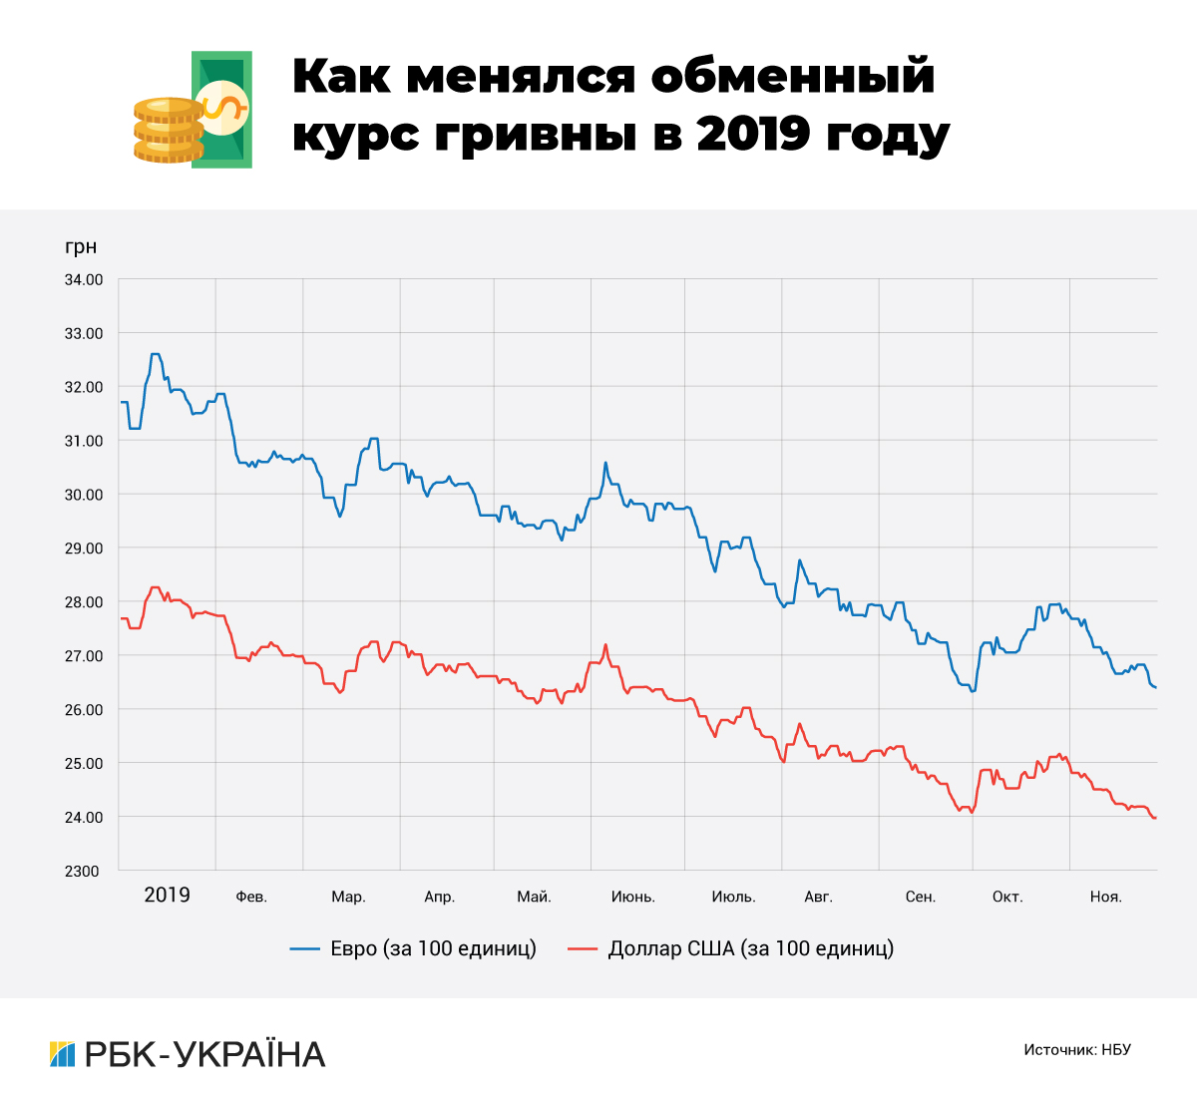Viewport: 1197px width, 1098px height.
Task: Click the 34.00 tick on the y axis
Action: (x=84, y=280)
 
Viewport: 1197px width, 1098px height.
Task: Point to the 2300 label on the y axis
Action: (x=84, y=872)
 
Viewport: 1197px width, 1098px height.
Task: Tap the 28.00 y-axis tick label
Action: (x=84, y=602)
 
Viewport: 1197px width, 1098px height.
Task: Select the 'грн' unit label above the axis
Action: (x=81, y=247)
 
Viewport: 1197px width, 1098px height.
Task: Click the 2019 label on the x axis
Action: (x=167, y=895)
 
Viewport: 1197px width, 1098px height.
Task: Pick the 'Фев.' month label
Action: (x=251, y=897)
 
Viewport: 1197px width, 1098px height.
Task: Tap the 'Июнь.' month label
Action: (x=633, y=897)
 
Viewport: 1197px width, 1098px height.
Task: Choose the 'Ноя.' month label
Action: (x=1105, y=897)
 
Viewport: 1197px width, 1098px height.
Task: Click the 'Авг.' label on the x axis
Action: (x=818, y=897)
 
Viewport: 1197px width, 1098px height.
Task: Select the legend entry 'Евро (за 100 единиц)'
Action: (x=414, y=948)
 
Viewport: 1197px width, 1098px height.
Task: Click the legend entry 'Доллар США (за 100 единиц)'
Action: (x=731, y=948)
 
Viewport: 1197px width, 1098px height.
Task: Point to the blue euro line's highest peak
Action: (x=155, y=354)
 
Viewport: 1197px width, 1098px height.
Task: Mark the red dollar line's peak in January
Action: (x=155, y=587)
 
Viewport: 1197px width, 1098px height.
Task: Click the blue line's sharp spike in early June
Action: (x=605, y=463)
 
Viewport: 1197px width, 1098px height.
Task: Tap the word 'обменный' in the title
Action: (x=794, y=77)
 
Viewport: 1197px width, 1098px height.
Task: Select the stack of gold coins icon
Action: (x=168, y=130)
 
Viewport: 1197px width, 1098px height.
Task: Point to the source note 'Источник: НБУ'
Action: (x=1077, y=1050)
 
